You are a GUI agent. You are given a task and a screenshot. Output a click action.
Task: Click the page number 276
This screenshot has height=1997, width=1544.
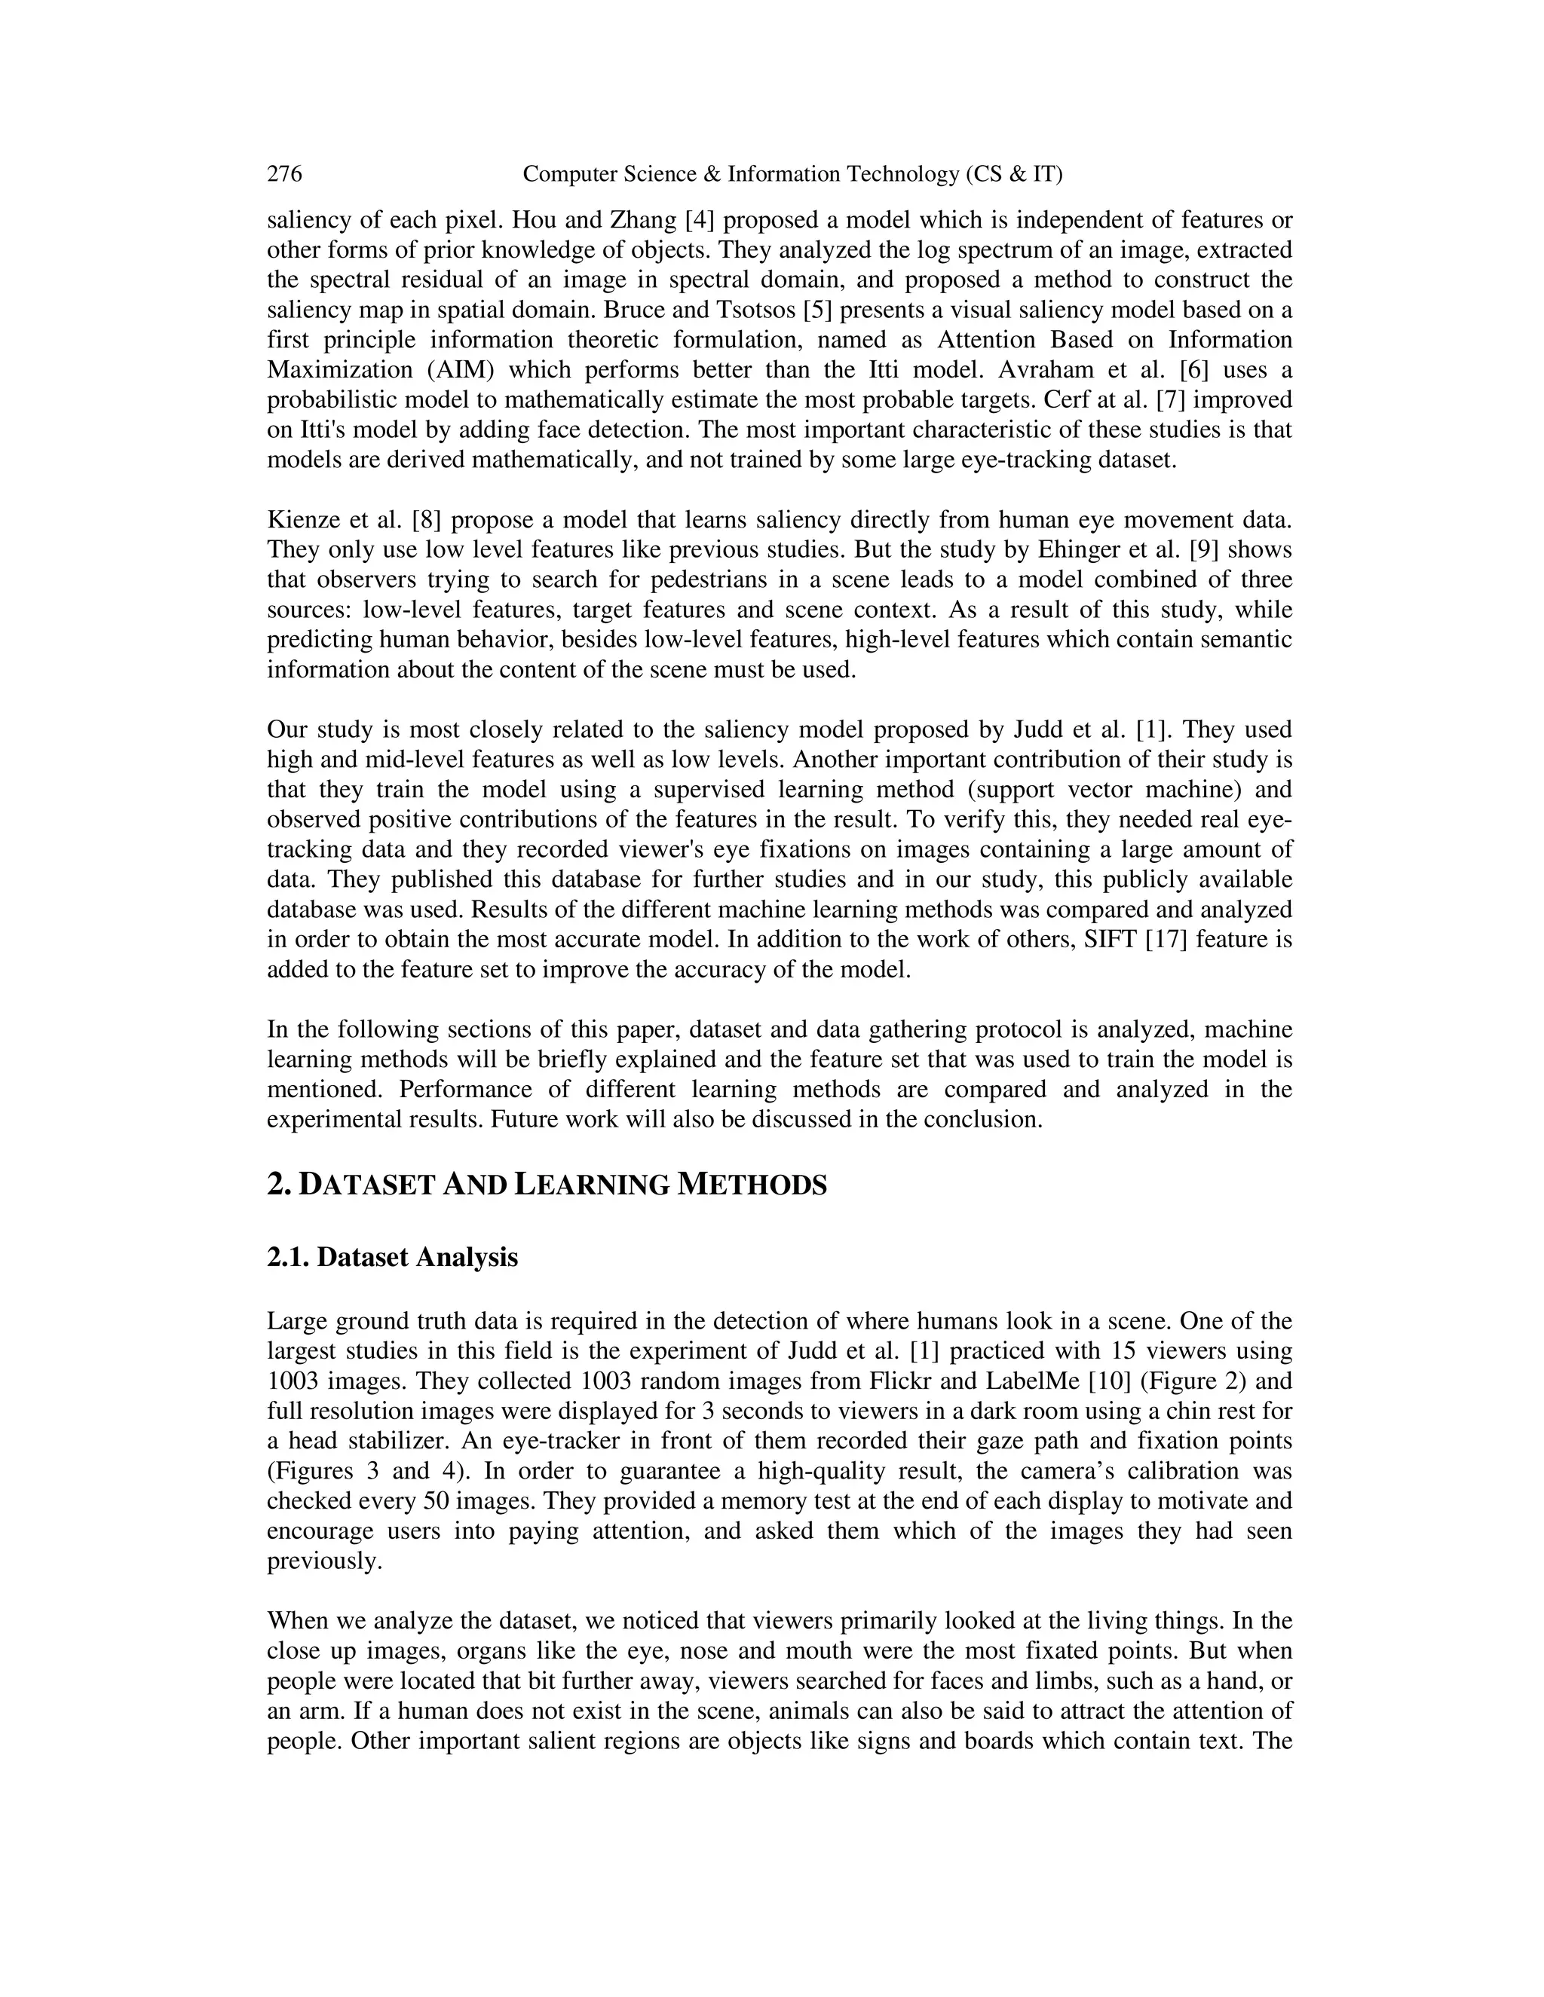(x=284, y=174)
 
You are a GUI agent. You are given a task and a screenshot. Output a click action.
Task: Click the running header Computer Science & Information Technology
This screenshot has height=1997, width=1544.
(x=792, y=174)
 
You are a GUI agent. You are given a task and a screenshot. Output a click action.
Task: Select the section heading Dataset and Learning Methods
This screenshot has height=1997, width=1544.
(x=547, y=1185)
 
